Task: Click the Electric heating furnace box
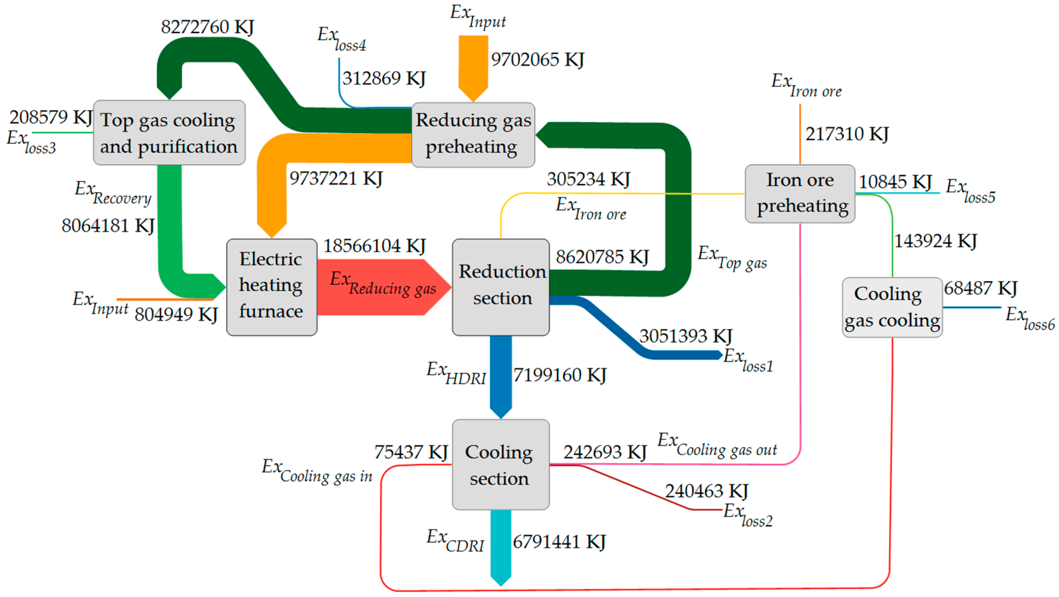coord(271,287)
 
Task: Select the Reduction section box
coord(501,287)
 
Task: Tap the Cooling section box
coord(500,464)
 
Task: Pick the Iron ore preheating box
coord(800,193)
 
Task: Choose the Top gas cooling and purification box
coord(169,132)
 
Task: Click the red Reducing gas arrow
coord(382,287)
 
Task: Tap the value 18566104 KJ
coord(374,246)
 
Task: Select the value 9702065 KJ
coord(537,59)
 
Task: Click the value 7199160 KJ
coord(559,375)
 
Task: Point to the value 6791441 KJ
coord(559,542)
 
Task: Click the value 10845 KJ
coord(895,182)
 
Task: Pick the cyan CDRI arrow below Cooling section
coord(501,546)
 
